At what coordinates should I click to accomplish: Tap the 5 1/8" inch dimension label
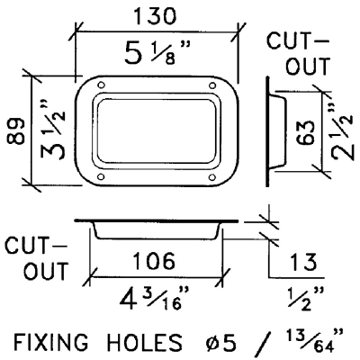[157, 52]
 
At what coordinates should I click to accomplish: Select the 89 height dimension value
[15, 131]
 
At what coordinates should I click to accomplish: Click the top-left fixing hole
[102, 85]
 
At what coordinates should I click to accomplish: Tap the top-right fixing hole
[212, 85]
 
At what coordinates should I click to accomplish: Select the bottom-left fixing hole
[102, 176]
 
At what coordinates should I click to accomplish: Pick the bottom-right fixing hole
[212, 177]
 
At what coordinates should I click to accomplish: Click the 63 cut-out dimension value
[305, 132]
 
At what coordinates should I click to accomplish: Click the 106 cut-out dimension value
[154, 260]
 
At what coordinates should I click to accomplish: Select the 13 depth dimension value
[303, 262]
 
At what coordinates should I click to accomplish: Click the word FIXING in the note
[51, 342]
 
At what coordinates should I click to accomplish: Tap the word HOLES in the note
[145, 342]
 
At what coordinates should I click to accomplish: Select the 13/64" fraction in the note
[313, 340]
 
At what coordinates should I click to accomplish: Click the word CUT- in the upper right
[298, 41]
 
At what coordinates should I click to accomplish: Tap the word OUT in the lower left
[47, 271]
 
